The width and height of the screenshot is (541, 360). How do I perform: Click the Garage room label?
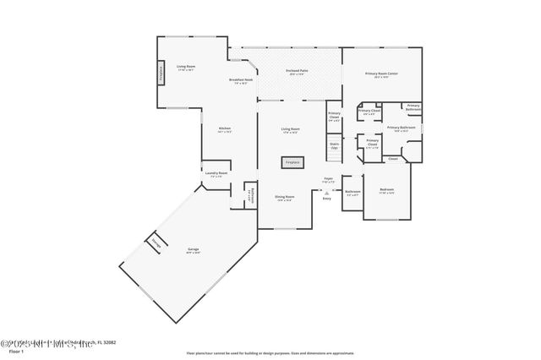point(194,250)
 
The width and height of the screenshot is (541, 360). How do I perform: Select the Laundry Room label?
point(216,174)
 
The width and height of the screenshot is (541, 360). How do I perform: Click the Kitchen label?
point(225,131)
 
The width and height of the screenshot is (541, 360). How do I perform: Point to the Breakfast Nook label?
point(239,81)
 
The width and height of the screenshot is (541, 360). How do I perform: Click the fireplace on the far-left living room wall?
point(161,74)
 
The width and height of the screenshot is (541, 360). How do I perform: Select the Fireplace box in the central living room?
point(292,161)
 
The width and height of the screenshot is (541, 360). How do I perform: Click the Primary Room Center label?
point(381,74)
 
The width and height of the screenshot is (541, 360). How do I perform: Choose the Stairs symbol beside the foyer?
point(334,146)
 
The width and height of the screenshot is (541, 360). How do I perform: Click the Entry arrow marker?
point(327,196)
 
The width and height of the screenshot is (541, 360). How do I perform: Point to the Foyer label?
point(329,180)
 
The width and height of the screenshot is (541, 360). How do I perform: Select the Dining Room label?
point(283,199)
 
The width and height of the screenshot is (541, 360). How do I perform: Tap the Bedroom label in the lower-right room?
point(385,191)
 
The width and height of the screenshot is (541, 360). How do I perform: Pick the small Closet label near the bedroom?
point(393,159)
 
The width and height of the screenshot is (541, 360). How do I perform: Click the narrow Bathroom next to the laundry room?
point(249,195)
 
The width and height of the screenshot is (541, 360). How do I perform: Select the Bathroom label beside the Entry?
point(352,192)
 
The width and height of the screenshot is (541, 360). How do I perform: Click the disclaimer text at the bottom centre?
point(270,353)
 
